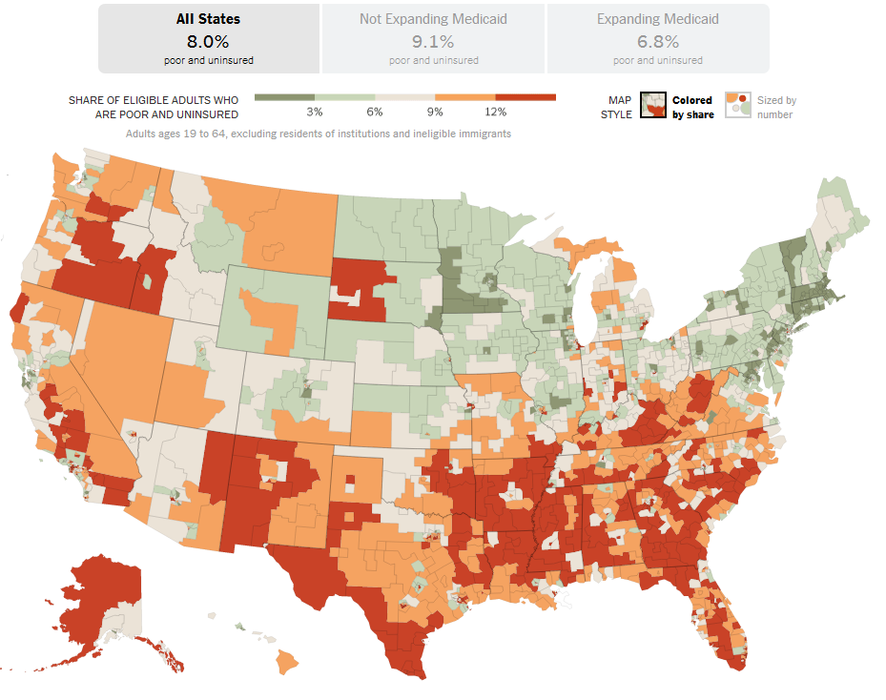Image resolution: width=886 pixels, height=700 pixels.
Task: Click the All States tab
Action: click(208, 38)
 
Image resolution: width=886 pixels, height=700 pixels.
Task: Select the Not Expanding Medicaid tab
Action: click(433, 38)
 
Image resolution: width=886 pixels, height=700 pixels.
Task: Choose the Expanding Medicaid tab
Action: click(658, 38)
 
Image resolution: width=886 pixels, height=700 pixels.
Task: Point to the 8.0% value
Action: click(208, 41)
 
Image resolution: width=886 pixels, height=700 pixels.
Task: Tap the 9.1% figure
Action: click(433, 41)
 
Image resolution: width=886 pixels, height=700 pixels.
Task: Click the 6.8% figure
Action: click(658, 41)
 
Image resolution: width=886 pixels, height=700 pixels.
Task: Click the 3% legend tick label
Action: click(315, 113)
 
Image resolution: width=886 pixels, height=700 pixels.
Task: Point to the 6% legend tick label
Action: click(375, 113)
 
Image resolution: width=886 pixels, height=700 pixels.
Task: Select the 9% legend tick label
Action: click(435, 113)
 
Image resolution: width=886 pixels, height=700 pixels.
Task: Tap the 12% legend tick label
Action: click(495, 113)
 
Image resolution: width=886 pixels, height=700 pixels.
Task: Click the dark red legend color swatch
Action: click(525, 97)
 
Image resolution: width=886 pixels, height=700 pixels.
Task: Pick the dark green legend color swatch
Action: click(284, 97)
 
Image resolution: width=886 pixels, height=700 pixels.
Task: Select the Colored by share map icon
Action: click(652, 106)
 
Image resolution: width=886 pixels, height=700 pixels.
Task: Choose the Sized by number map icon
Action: click(738, 105)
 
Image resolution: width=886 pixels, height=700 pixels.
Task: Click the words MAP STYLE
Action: click(620, 107)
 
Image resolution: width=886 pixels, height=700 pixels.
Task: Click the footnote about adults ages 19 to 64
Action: click(319, 134)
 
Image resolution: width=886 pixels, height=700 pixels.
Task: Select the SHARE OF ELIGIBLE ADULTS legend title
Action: click(154, 107)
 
